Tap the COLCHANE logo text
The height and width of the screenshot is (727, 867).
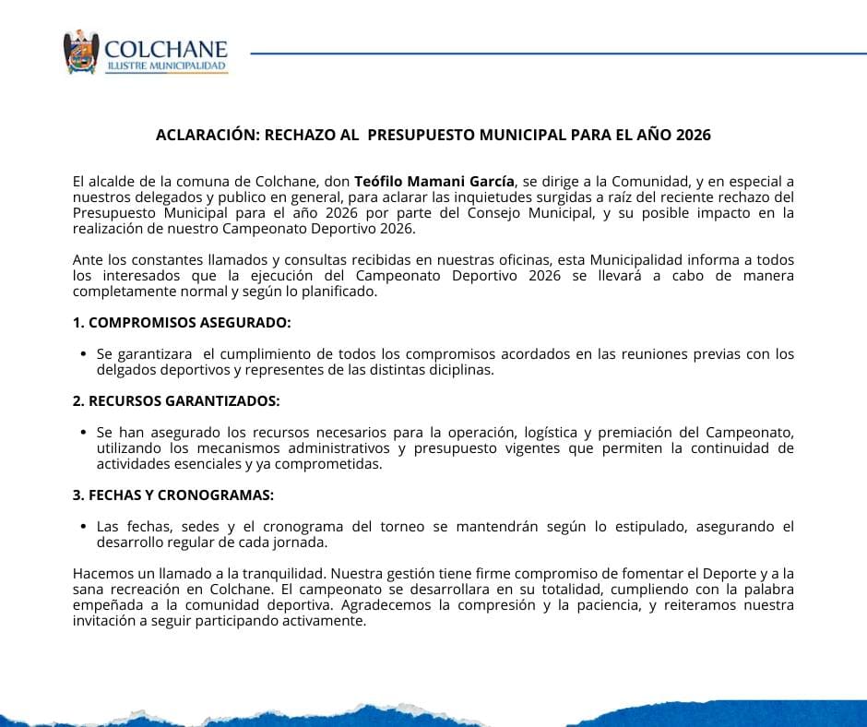[166, 48]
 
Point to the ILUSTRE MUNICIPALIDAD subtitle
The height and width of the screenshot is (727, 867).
[166, 67]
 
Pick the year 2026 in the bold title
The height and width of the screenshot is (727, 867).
[693, 135]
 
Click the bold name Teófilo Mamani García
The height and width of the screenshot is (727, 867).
[434, 182]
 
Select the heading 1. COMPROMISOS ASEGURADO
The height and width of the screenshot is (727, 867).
[182, 323]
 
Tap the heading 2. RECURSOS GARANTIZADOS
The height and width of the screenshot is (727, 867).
[176, 401]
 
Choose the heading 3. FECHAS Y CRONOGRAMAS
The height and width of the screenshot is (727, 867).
[173, 495]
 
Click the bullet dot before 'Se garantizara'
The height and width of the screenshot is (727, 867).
[84, 354]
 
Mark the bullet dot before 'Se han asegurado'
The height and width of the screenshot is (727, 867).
[84, 433]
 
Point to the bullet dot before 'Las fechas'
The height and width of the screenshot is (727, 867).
[84, 527]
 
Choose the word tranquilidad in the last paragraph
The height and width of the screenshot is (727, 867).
[283, 574]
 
